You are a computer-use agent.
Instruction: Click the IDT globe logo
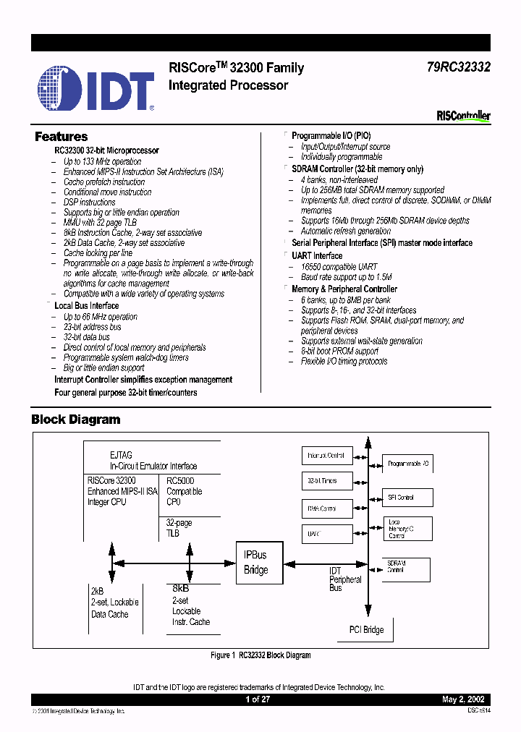(x=61, y=88)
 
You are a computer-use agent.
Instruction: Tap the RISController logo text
(x=463, y=116)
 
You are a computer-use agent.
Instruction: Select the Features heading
(x=62, y=137)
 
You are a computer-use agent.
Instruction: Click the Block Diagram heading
(x=76, y=420)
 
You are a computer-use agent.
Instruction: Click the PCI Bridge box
(x=366, y=629)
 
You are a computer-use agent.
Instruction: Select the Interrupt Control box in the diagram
(x=326, y=456)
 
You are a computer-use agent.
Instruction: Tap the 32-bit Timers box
(x=326, y=480)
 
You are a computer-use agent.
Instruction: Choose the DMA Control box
(x=326, y=508)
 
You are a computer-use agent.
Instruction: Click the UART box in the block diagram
(x=326, y=534)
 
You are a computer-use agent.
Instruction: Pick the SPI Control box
(x=408, y=498)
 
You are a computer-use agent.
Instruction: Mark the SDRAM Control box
(x=408, y=567)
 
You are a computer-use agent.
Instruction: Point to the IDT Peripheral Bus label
(x=345, y=579)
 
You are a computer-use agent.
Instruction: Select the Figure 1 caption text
(x=260, y=655)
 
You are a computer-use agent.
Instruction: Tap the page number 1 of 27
(x=258, y=699)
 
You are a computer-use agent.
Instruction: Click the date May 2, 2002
(x=463, y=699)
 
